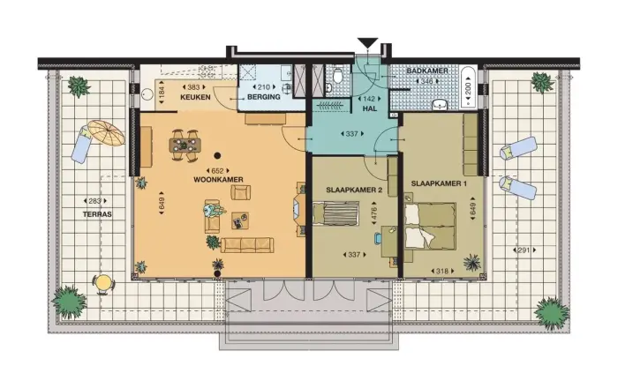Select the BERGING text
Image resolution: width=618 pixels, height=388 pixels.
click(263, 98)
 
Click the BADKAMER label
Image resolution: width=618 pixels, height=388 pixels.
click(426, 71)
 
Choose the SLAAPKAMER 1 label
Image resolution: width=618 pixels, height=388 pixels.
click(438, 183)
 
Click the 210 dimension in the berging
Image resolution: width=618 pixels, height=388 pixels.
click(263, 87)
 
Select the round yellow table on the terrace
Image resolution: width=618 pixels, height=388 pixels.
click(104, 283)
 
